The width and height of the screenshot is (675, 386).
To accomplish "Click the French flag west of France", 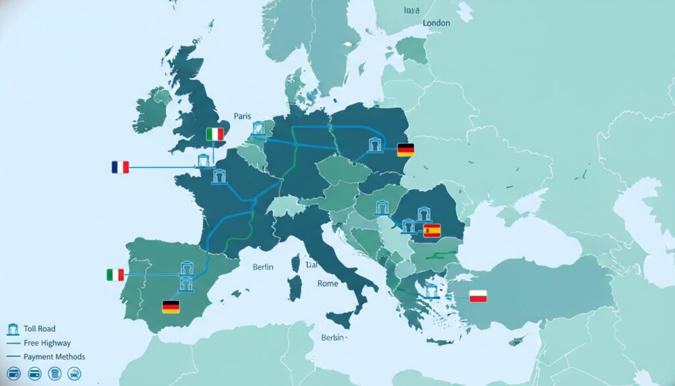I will (120, 168).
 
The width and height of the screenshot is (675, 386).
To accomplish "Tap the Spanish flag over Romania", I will (432, 230).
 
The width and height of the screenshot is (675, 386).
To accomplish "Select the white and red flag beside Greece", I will (477, 296).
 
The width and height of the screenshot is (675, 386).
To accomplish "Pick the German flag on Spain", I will (171, 307).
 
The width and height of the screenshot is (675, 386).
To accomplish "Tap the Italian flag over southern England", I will (215, 135).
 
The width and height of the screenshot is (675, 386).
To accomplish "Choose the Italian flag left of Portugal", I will (115, 275).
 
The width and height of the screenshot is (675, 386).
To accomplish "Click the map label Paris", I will (243, 116).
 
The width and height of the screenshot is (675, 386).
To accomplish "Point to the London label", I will (436, 23).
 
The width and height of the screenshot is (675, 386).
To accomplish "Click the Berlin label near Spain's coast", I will (263, 268).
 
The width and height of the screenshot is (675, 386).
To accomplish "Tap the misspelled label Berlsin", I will (332, 338).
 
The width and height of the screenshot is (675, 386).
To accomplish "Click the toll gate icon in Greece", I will (432, 290).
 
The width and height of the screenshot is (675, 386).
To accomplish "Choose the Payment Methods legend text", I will (54, 357).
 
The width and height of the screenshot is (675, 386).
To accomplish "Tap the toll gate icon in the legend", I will (13, 329).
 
